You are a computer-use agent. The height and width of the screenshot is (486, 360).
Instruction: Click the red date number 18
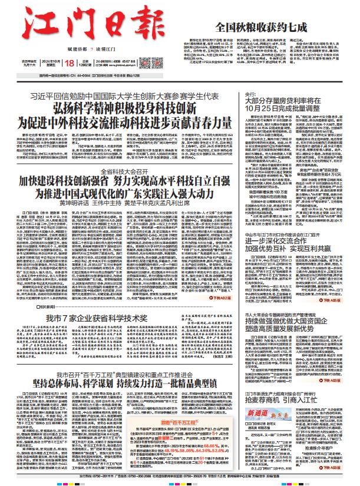[x=70, y=63]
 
